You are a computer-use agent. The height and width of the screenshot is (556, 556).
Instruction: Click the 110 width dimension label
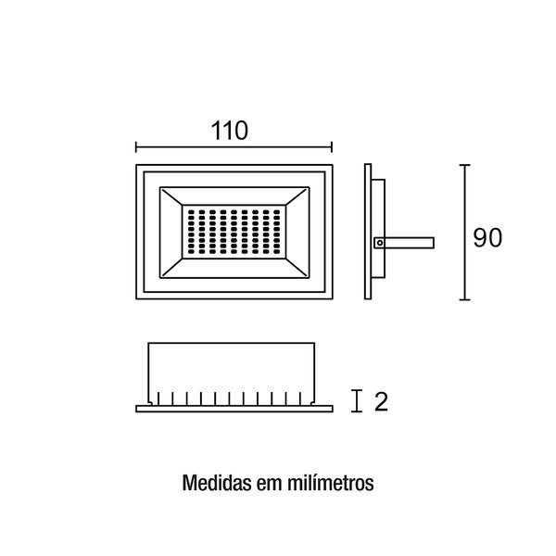coord(230,131)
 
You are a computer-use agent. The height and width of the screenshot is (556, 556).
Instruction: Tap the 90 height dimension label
coord(488,237)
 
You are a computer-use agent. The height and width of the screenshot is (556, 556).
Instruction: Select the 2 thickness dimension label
coord(381,402)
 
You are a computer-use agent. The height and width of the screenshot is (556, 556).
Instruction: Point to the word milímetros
coord(331,483)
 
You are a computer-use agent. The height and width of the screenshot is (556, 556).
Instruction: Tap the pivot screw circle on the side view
coord(380,243)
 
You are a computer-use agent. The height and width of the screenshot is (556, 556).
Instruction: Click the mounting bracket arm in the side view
coord(405,243)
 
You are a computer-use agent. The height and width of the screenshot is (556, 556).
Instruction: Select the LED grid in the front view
coord(234,232)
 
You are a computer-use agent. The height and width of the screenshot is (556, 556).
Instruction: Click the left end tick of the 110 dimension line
coord(136,146)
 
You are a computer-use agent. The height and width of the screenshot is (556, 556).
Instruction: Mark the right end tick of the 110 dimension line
coord(332,146)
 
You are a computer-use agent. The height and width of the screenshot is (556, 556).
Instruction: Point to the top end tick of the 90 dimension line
coord(465,165)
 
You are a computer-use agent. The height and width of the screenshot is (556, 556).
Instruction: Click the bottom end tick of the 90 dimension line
coord(465,299)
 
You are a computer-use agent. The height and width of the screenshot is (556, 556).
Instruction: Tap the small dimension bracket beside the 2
coord(357,401)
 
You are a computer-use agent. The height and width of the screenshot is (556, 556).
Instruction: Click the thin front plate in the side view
coord(368,232)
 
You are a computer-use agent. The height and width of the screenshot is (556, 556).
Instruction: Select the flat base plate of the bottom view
coord(234,409)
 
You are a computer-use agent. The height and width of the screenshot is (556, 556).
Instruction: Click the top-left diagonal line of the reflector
coord(171,196)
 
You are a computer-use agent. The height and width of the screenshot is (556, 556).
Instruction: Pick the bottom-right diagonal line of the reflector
coord(297,268)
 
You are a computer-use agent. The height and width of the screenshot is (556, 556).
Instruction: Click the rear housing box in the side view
coord(378,229)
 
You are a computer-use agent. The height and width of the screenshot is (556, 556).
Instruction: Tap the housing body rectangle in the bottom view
coord(231,373)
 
